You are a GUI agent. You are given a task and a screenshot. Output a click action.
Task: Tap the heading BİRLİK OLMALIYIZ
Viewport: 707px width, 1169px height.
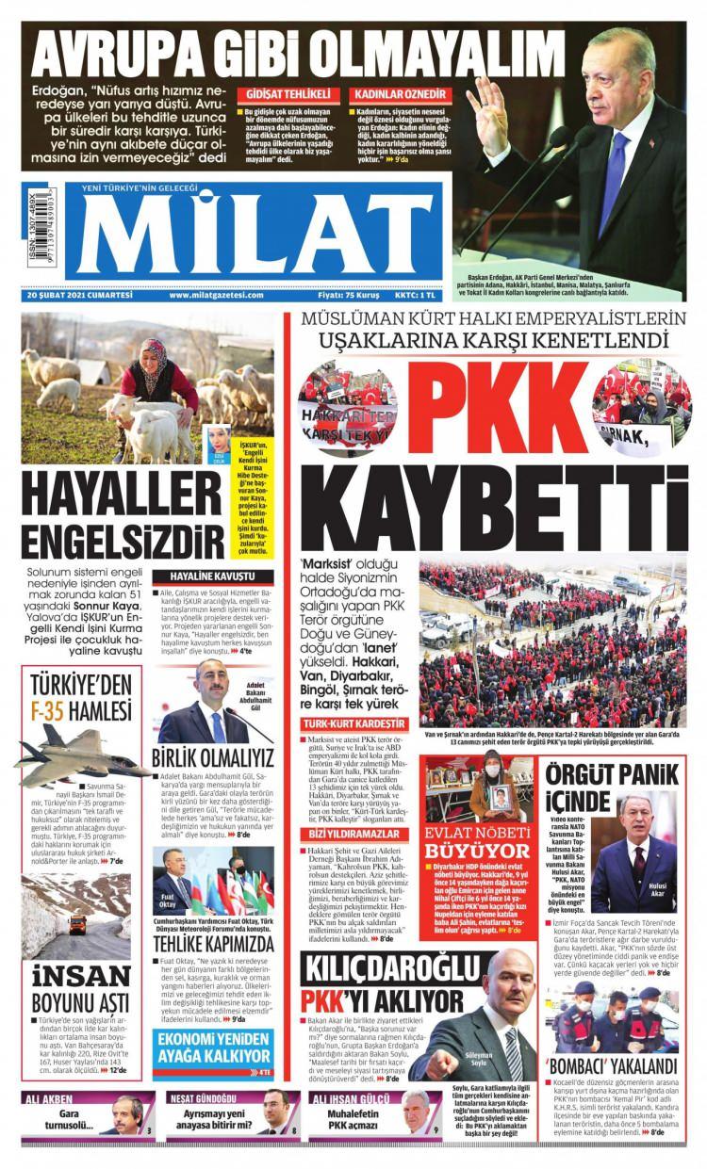tap(213, 758)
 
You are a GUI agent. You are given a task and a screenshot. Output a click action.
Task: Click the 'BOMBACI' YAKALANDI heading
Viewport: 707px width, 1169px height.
tap(607, 1066)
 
